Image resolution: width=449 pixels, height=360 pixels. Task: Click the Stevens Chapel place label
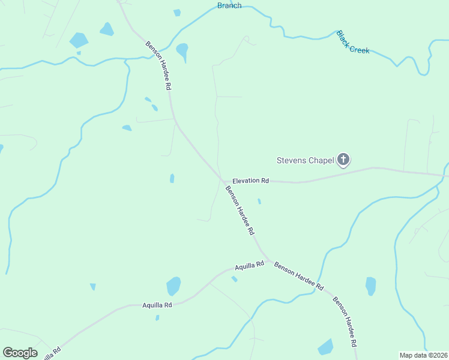pos(304,160)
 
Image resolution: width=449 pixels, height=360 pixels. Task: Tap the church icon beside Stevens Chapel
pos(343,160)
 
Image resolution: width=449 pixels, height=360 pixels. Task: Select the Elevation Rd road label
pos(250,180)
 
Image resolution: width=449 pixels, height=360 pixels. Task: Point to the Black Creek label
pos(353,42)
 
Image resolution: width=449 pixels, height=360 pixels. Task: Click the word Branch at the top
pos(229,5)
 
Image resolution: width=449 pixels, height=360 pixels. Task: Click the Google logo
pos(20,353)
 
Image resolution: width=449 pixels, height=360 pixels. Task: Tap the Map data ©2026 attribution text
pos(424,355)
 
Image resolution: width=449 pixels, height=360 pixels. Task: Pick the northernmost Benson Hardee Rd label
pos(158,65)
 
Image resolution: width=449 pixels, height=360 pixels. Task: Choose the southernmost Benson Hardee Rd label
pos(345,322)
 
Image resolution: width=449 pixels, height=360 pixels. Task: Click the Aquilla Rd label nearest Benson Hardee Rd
pos(250,265)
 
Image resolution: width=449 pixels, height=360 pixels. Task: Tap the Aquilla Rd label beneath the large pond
pos(157,305)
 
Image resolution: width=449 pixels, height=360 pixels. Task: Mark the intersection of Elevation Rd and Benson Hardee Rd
pos(222,179)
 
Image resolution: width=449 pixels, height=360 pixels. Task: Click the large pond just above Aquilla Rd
pos(173,286)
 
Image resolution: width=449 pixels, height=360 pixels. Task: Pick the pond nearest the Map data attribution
pos(325,347)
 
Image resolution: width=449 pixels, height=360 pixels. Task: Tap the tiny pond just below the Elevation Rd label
pos(259,201)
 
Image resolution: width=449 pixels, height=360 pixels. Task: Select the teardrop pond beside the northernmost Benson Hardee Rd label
pos(182,50)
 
